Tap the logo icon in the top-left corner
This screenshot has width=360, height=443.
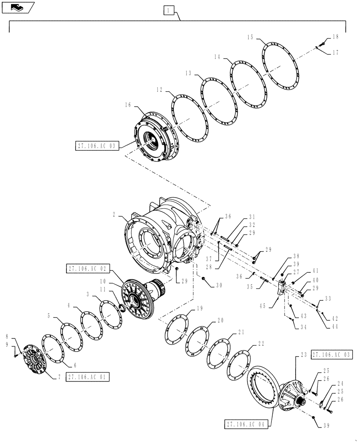tap(18, 7)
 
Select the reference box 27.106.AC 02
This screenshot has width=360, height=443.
tap(87, 268)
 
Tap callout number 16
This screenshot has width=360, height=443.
tap(128, 105)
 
